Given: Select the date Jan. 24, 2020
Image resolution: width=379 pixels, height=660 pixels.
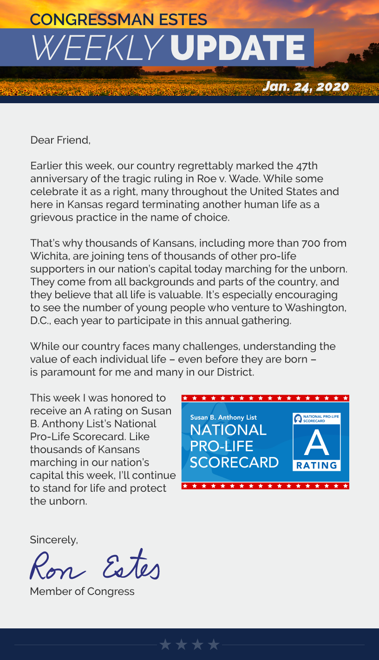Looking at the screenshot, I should click(x=305, y=86).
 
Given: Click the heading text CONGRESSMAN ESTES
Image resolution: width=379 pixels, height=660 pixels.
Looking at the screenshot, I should click(x=118, y=20).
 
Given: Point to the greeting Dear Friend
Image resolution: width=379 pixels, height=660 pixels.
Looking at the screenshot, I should click(x=60, y=140).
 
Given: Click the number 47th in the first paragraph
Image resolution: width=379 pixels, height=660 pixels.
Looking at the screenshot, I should click(x=307, y=166).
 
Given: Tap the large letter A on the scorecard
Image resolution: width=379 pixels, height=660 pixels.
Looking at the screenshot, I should click(x=316, y=442).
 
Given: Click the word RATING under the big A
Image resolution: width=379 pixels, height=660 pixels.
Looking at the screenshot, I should click(x=316, y=465).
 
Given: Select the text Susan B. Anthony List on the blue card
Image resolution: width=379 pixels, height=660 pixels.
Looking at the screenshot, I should click(x=223, y=417).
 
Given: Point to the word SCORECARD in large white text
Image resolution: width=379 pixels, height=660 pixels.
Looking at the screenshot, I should click(x=234, y=462).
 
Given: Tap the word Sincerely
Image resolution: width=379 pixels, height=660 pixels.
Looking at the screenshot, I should click(x=54, y=540).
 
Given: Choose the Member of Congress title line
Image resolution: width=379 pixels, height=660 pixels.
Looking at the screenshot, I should click(x=82, y=591).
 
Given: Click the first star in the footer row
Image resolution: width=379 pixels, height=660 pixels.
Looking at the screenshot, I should click(x=165, y=644).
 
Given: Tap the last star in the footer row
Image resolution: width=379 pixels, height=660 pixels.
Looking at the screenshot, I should click(x=214, y=644).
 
